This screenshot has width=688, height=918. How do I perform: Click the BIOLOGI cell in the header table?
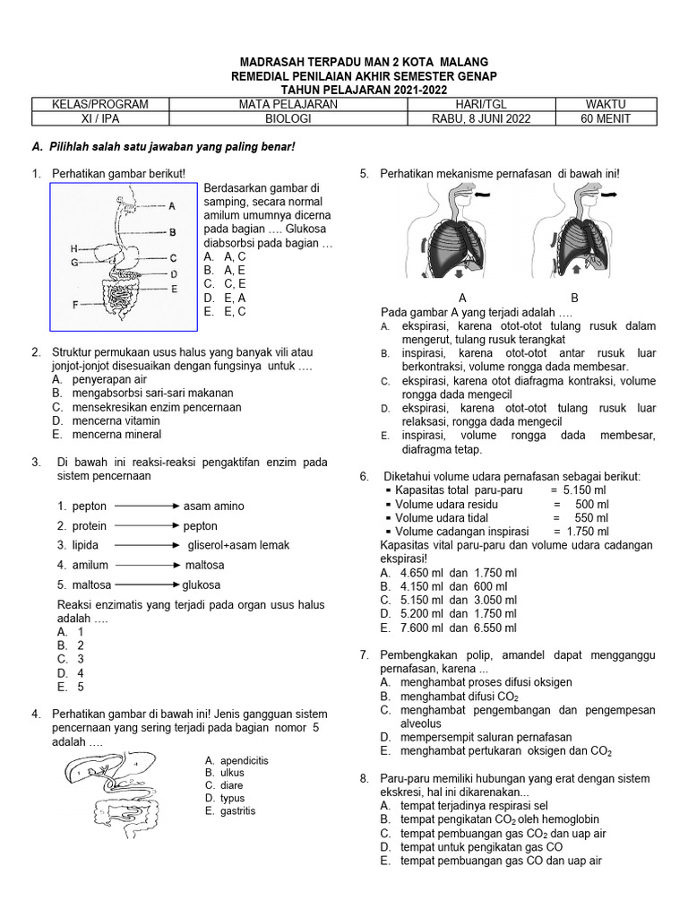288,118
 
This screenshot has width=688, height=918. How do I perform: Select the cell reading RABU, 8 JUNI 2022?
480,118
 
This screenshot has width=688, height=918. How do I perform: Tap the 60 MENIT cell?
606,118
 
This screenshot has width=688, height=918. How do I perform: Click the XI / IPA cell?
99,118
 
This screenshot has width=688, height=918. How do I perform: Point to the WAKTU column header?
606,104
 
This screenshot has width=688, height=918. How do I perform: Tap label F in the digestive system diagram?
74,304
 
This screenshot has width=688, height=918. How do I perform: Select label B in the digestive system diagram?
172,231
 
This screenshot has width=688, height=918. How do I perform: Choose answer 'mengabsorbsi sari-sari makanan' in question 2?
142,393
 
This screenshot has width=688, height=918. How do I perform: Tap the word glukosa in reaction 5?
201,585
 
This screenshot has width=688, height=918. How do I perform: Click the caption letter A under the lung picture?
462,298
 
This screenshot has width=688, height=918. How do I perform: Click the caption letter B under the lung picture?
575,298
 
